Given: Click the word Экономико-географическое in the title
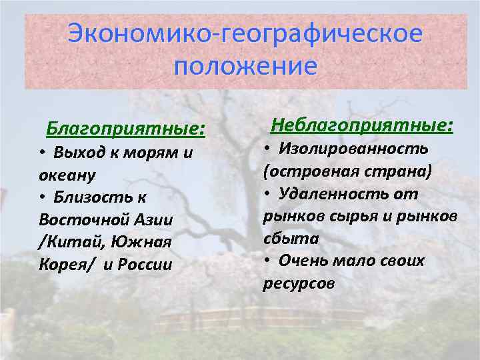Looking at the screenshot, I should coord(245,33).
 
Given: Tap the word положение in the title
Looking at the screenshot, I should coord(244,66).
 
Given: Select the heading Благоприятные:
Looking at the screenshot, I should coord(125,127).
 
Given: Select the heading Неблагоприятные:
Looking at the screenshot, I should coord(361,125).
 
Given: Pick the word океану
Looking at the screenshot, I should coord(68,175).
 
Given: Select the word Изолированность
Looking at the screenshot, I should coord(353,148).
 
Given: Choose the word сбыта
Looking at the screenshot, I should coord(291,239).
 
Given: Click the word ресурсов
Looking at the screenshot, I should coord(299,283).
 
